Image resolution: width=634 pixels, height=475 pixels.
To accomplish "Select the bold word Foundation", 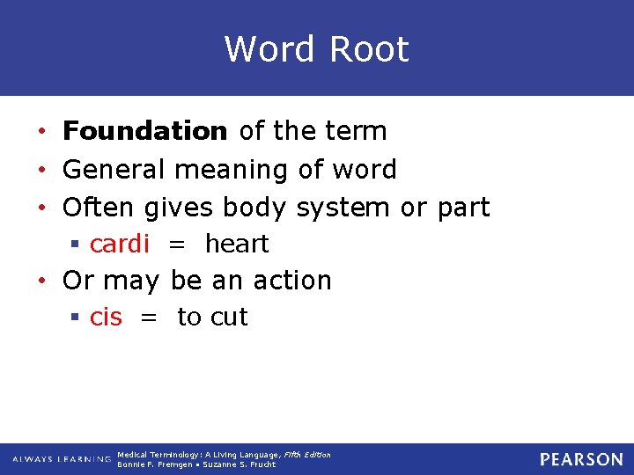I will pos(145,132).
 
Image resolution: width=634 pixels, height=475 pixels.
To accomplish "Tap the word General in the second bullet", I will pos(114,170).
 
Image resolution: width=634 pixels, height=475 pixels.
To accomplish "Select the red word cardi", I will pos(120,244).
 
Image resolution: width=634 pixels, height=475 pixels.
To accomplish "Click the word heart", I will pos(237,244).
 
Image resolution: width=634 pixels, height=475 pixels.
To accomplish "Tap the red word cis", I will pos(107,318).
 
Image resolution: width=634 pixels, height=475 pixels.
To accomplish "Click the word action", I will pos(292,281).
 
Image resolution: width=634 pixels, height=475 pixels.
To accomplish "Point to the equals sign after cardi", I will pos(176,245).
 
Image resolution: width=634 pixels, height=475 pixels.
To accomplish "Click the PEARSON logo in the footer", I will pos(581,459).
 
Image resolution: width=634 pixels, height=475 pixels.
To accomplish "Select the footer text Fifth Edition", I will pos(306,455).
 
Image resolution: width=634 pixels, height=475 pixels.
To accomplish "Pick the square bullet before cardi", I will pos(77,245).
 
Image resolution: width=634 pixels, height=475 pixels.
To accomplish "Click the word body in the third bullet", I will pos(254,208).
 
